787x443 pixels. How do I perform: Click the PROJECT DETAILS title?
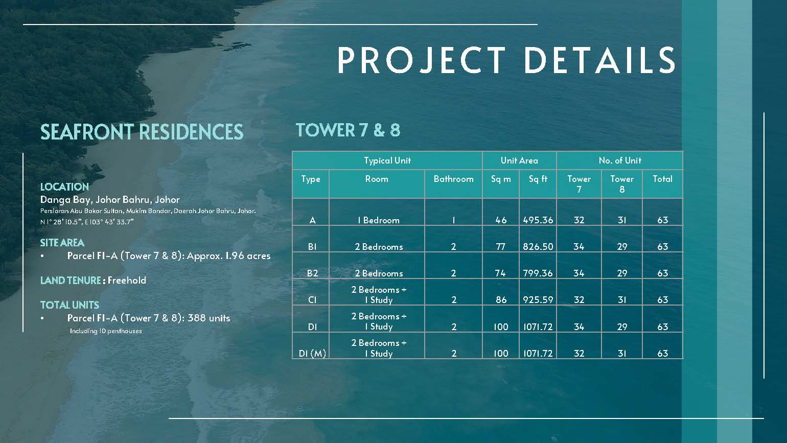point(506,60)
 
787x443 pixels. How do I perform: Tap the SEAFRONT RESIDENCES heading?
point(142,132)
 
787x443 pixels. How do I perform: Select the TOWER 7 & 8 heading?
point(348,130)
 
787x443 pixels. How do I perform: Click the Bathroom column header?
point(453,179)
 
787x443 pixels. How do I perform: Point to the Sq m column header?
point(501,179)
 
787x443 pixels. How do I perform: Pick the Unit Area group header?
point(519,160)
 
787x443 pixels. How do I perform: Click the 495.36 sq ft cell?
point(538,220)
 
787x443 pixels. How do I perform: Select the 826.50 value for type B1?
point(538,247)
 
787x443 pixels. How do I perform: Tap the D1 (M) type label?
point(312,354)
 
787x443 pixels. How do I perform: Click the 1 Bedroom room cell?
point(378,220)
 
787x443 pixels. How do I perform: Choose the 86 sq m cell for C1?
point(501,299)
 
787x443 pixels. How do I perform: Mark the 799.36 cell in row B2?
point(538,273)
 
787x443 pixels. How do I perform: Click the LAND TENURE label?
point(71,281)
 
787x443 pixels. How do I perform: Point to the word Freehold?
point(127,281)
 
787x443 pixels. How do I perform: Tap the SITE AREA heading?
point(62,243)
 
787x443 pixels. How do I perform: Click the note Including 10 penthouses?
point(106,331)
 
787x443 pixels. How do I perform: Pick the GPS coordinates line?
point(87,222)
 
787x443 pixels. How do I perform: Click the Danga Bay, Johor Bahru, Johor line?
point(110,200)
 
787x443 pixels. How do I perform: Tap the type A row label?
point(312,220)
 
